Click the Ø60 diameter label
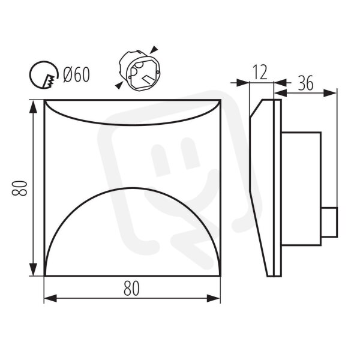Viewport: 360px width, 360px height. tap(76, 74)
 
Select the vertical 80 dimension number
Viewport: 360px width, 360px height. tap(19, 188)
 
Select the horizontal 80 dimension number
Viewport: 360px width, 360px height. tap(131, 289)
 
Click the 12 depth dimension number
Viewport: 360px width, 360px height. tap(260, 72)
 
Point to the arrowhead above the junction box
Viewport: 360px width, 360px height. tap(155, 49)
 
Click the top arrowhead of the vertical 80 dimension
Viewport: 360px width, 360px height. tap(34, 107)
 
